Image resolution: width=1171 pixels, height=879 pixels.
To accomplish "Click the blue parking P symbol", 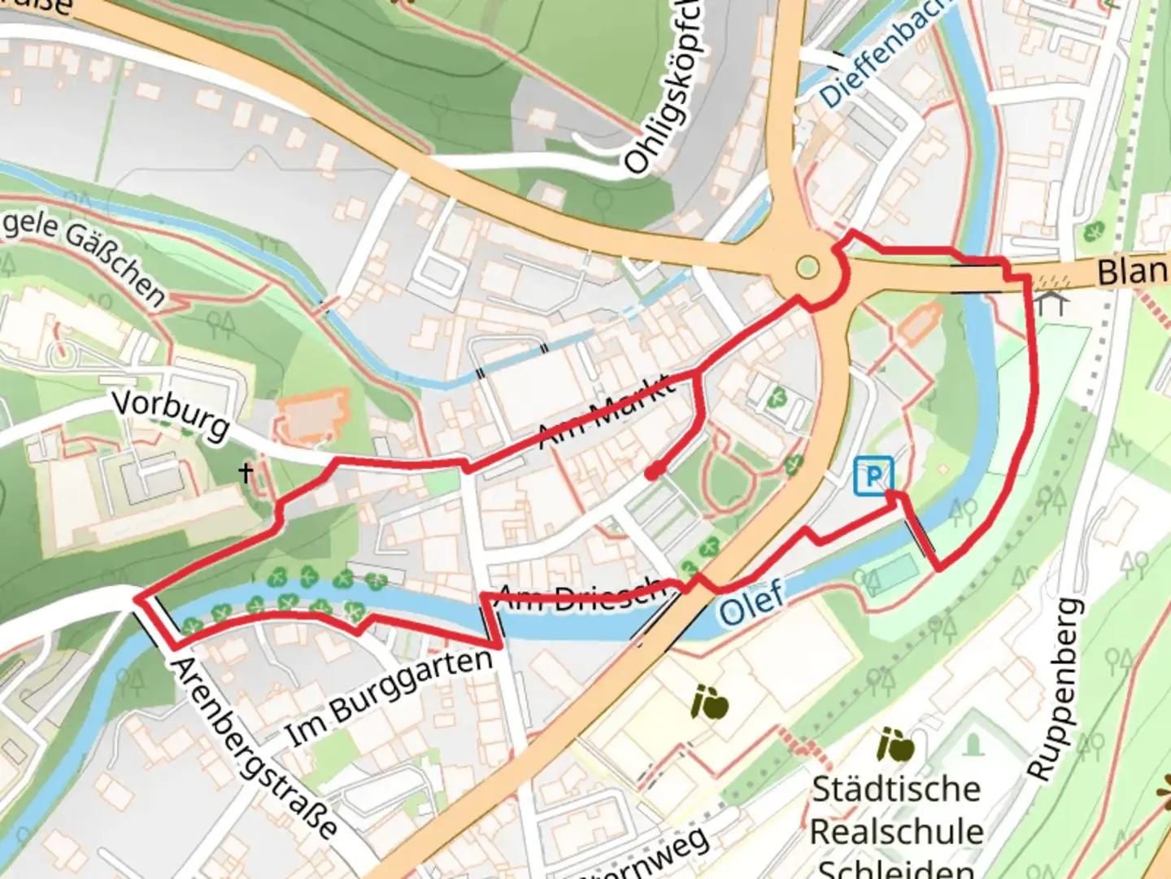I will pos(873,475).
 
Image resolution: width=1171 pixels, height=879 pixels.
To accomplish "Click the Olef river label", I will pos(751,603).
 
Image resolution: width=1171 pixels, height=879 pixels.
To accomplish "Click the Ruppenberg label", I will pos(1055,689).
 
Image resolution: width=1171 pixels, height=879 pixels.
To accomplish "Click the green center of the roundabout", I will pos(807,267).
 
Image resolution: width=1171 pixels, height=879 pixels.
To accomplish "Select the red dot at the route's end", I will pos(652,472).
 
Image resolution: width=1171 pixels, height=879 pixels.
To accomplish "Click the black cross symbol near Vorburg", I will pos(246,472).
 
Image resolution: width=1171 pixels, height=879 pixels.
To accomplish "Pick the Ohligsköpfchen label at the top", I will pos(664,90).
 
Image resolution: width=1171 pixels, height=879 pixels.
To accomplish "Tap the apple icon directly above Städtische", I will pos(895,744).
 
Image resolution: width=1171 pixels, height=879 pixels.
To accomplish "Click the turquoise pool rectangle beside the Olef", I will pos(893,572).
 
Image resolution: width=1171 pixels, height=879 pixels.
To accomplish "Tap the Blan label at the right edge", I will pos(1134,272).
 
